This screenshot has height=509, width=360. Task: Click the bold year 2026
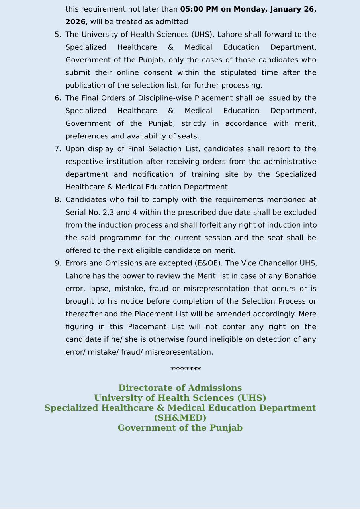pyautogui.click(x=75, y=22)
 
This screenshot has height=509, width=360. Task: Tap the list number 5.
pyautogui.click(x=57, y=35)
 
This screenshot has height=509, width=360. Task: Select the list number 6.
pyautogui.click(x=57, y=98)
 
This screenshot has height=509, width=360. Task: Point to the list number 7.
pyautogui.click(x=57, y=149)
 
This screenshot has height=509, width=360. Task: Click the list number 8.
pyautogui.click(x=57, y=200)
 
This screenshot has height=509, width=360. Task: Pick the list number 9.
pyautogui.click(x=57, y=263)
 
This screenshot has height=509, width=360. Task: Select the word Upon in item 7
pyautogui.click(x=74, y=149)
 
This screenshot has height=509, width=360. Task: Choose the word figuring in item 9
pyautogui.click(x=79, y=327)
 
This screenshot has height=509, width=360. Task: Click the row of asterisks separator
pyautogui.click(x=186, y=369)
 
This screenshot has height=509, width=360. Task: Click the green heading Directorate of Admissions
pyautogui.click(x=180, y=388)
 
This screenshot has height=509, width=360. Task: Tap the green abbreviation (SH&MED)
pyautogui.click(x=180, y=418)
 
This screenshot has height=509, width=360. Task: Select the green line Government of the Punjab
pyautogui.click(x=180, y=428)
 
